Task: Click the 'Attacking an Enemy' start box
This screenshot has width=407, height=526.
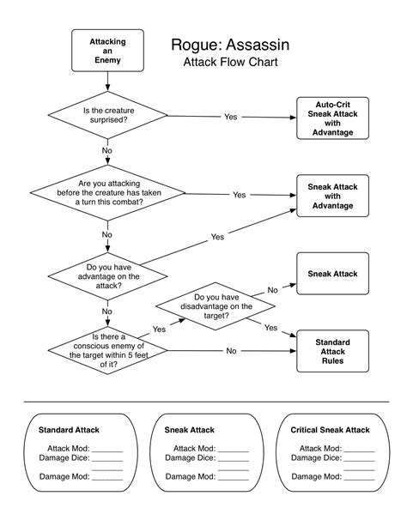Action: point(107,51)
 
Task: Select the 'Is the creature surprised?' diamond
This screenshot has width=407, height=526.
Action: point(107,115)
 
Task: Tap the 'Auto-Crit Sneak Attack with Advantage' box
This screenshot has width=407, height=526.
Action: point(332,118)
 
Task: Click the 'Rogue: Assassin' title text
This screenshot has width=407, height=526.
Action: point(230,45)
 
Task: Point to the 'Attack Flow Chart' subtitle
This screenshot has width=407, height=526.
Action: point(230,62)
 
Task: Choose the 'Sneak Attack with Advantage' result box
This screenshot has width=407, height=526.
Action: point(332,196)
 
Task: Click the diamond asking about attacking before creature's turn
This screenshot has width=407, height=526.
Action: point(107,193)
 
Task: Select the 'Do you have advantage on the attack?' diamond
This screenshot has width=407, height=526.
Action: point(107,276)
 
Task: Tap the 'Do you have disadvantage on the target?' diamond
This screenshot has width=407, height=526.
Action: point(216,306)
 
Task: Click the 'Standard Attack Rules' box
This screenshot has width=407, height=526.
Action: point(332,351)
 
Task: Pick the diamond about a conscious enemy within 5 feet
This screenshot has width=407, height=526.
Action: point(107,350)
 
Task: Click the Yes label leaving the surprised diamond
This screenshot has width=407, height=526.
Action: point(231,117)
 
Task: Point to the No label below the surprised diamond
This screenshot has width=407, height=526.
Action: point(106,151)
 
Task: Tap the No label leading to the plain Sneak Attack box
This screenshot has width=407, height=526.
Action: point(273,290)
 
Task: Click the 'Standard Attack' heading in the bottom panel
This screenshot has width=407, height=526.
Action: point(69,430)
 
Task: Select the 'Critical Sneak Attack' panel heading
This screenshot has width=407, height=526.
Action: point(330,430)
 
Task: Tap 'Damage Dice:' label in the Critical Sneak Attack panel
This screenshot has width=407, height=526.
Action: point(316,458)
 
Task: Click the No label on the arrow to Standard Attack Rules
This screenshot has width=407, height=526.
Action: point(231,351)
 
